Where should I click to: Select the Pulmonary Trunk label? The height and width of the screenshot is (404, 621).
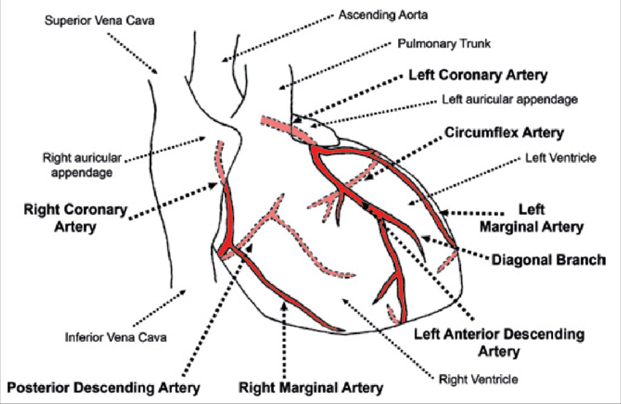click(x=443, y=44)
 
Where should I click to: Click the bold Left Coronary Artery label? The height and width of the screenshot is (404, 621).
click(x=478, y=75)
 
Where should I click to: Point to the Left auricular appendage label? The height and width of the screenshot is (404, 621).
click(x=509, y=99)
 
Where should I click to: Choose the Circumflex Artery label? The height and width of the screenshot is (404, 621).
click(x=504, y=132)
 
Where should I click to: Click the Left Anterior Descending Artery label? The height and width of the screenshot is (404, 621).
click(x=499, y=342)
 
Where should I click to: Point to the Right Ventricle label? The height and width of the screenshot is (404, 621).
click(x=479, y=379)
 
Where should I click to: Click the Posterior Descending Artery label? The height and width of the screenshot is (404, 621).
click(x=103, y=386)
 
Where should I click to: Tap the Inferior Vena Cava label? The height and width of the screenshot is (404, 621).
click(x=116, y=338)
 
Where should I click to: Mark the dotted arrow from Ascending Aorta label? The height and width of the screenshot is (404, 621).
click(x=285, y=33)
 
